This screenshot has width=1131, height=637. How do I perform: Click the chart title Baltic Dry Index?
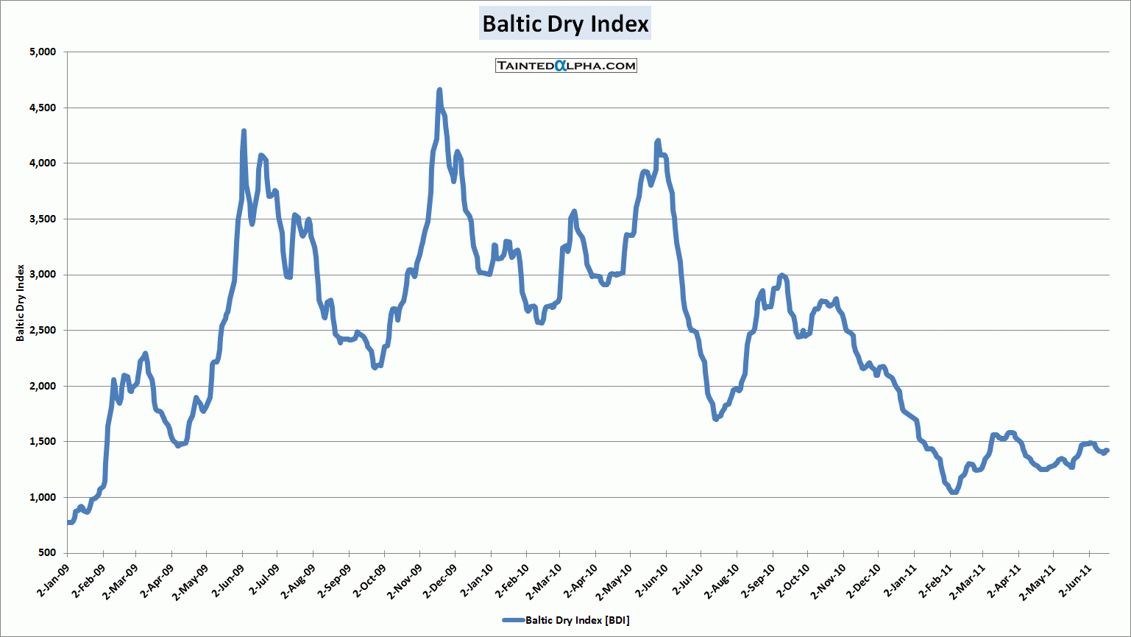click(565, 24)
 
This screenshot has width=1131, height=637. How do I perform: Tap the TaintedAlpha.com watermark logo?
click(566, 66)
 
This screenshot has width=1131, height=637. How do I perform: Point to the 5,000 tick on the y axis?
click(43, 52)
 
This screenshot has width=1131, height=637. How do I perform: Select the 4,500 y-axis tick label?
click(43, 108)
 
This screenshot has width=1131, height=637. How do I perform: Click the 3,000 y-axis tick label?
click(43, 275)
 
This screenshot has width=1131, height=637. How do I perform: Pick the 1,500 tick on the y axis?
click(43, 442)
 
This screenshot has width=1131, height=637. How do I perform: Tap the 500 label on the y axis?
click(47, 553)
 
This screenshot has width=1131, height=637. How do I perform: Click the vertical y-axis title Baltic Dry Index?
click(21, 303)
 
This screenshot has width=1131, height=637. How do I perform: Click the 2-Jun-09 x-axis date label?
click(230, 581)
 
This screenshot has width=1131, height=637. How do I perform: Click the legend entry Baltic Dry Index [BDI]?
click(566, 620)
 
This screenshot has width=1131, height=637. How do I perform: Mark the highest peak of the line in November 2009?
click(439, 91)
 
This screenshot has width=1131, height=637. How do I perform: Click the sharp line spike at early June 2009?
click(244, 132)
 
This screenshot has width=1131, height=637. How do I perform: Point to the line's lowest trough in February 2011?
click(954, 492)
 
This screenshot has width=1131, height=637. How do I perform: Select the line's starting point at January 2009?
click(68, 522)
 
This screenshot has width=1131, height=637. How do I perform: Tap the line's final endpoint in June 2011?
click(1107, 451)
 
